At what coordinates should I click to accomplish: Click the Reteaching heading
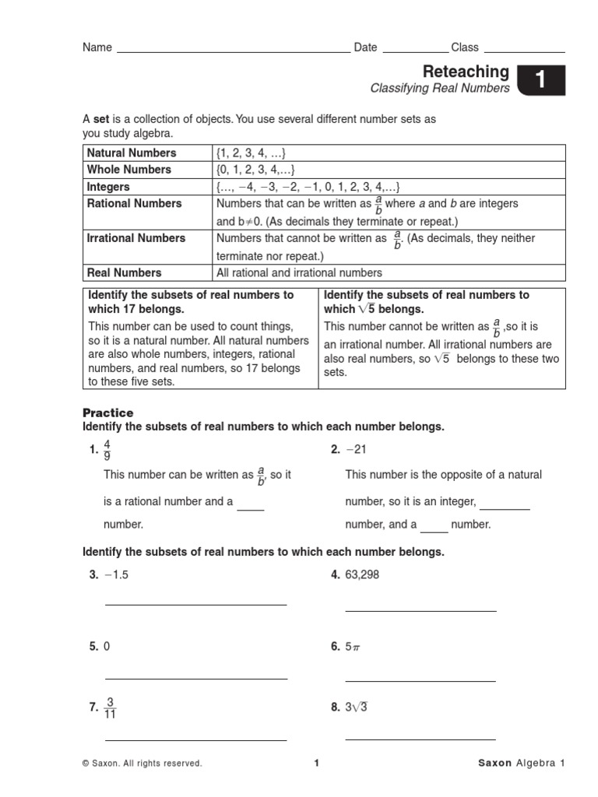point(466,72)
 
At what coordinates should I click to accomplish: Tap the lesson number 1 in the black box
point(540,81)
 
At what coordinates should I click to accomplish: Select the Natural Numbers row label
point(132,153)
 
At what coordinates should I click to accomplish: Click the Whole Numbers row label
point(129,170)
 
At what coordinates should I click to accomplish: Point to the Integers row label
point(109,187)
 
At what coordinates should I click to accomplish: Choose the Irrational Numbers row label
point(136,238)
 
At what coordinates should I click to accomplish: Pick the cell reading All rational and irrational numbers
point(300,272)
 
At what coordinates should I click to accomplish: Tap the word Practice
point(108,413)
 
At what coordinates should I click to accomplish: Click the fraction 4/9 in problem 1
point(107,450)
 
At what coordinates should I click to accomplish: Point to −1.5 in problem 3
point(115,575)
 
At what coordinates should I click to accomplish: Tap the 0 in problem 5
point(107,647)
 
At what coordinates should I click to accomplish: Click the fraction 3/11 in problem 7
point(111,707)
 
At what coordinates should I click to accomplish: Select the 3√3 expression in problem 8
point(357,707)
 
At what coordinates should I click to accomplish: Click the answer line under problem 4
point(420,610)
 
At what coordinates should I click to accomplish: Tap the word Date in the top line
point(365,47)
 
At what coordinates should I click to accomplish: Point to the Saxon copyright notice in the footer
point(142,764)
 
